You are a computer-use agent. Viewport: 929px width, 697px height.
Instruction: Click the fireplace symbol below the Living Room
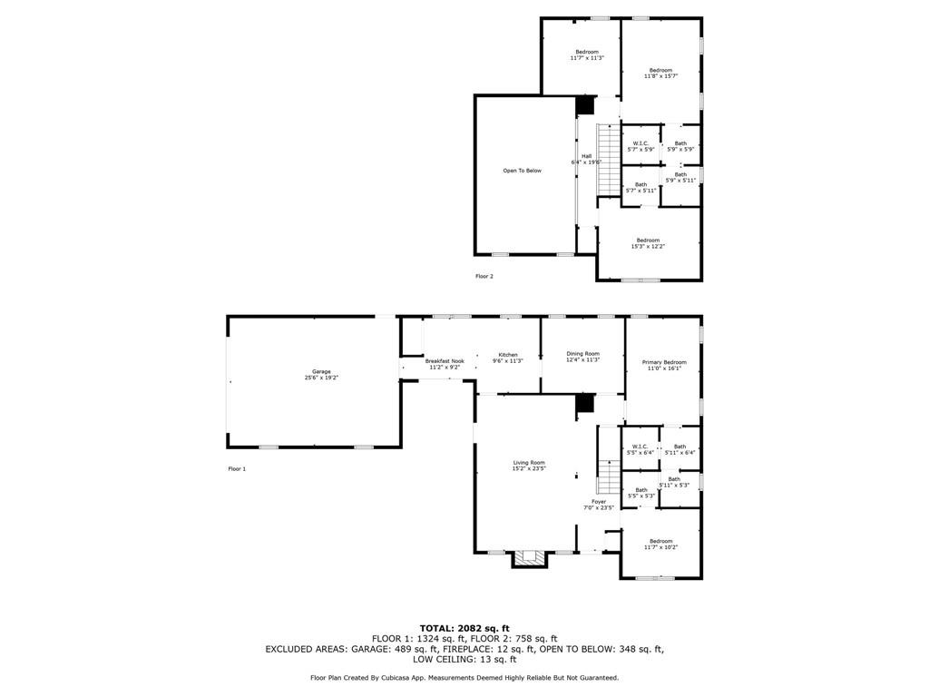530,558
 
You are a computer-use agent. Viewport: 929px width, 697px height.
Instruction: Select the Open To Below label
522,171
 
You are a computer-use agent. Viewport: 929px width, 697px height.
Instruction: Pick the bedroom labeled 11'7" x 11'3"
586,54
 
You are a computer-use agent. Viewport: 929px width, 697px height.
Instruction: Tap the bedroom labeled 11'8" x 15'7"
660,73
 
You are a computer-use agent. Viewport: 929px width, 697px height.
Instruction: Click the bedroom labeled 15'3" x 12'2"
647,243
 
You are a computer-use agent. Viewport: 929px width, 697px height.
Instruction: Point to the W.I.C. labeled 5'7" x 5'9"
640,145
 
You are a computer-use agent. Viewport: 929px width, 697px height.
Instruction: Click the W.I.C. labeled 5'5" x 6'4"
640,449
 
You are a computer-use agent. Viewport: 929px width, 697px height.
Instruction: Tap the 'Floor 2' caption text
484,276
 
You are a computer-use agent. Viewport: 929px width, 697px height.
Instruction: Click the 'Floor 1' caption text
237,469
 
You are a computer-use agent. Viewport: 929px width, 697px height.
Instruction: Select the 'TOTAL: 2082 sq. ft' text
464,628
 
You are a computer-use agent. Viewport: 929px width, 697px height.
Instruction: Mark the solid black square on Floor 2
585,105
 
